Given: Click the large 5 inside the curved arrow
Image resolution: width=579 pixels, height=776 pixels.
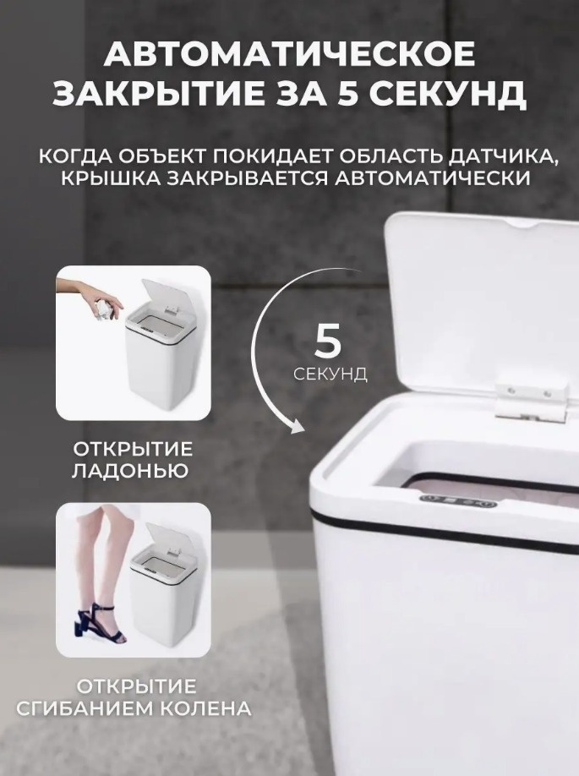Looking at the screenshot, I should coord(328,342).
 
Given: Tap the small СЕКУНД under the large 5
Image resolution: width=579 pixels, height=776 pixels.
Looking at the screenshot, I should coord(330,374).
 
